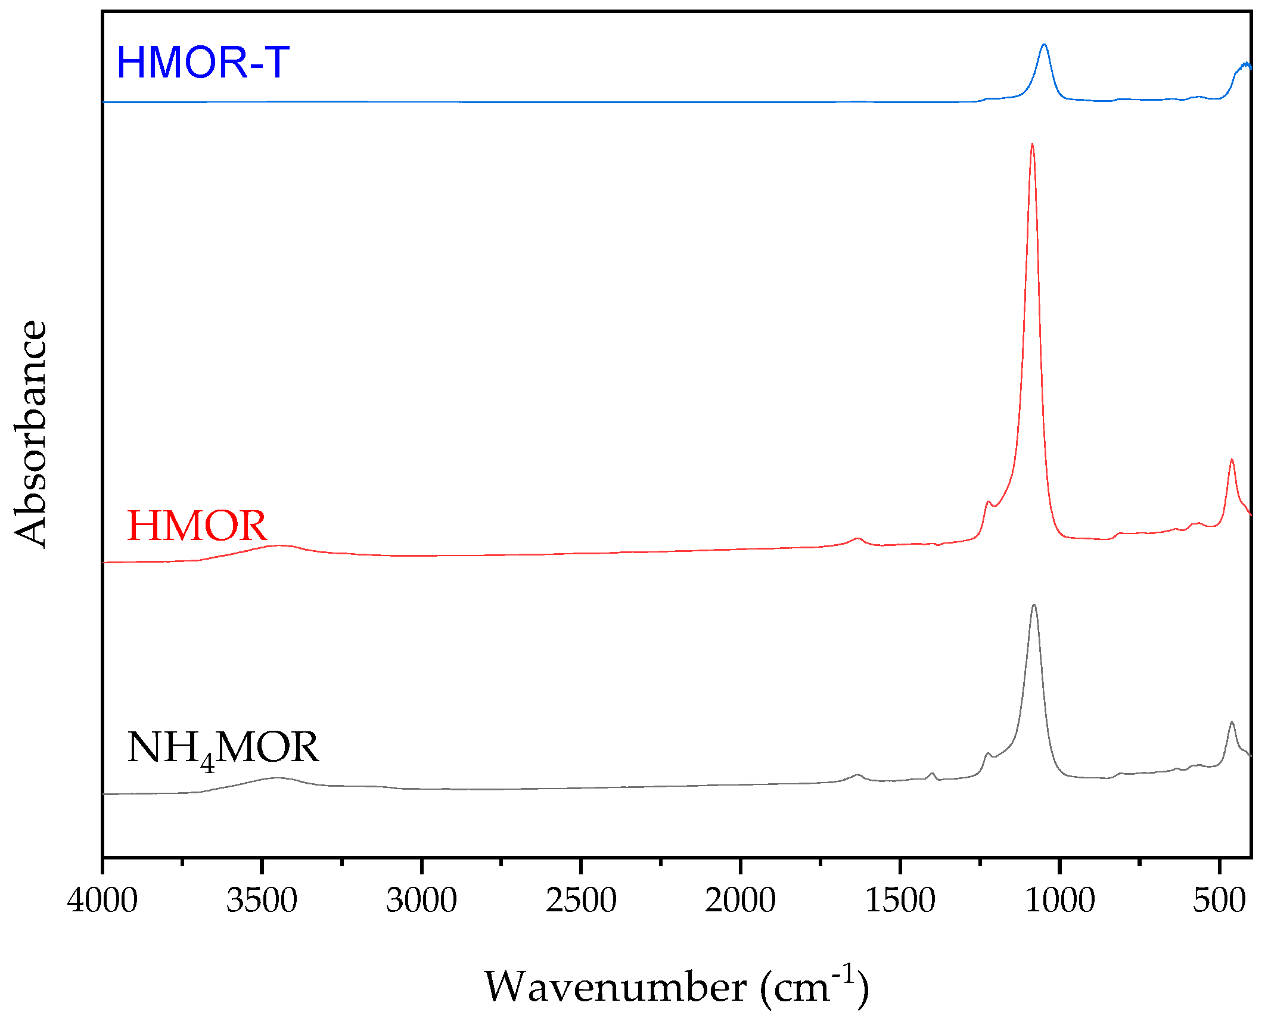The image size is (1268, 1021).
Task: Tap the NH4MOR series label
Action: pyautogui.click(x=223, y=749)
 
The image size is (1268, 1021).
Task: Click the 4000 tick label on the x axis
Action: pyautogui.click(x=102, y=900)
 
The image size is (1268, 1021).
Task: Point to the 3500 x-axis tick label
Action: pyautogui.click(x=262, y=900)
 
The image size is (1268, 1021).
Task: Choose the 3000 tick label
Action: pyautogui.click(x=421, y=900)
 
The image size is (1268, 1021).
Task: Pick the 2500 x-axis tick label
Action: pyautogui.click(x=581, y=900)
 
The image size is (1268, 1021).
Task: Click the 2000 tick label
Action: pyautogui.click(x=740, y=900)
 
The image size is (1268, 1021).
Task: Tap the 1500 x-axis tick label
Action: pyautogui.click(x=900, y=900)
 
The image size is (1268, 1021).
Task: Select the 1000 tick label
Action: pyautogui.click(x=1059, y=900)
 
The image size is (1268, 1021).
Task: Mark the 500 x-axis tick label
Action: pyautogui.click(x=1219, y=900)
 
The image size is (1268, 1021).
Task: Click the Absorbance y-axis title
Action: pyautogui.click(x=30, y=434)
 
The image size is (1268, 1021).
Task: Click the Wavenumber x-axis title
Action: pyautogui.click(x=676, y=988)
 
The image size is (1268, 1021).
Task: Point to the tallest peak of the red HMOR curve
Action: pyautogui.click(x=1032, y=144)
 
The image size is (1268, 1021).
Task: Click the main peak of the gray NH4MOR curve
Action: pyautogui.click(x=1034, y=605)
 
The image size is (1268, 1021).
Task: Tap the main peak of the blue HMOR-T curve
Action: pyautogui.click(x=1044, y=45)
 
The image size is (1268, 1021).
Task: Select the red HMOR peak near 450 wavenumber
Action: pyautogui.click(x=1232, y=460)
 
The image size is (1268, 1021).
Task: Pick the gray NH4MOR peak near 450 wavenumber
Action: pyautogui.click(x=1232, y=722)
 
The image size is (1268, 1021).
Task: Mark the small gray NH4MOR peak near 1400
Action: pyautogui.click(x=933, y=774)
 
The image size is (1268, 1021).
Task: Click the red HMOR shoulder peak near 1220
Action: pyautogui.click(x=989, y=502)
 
